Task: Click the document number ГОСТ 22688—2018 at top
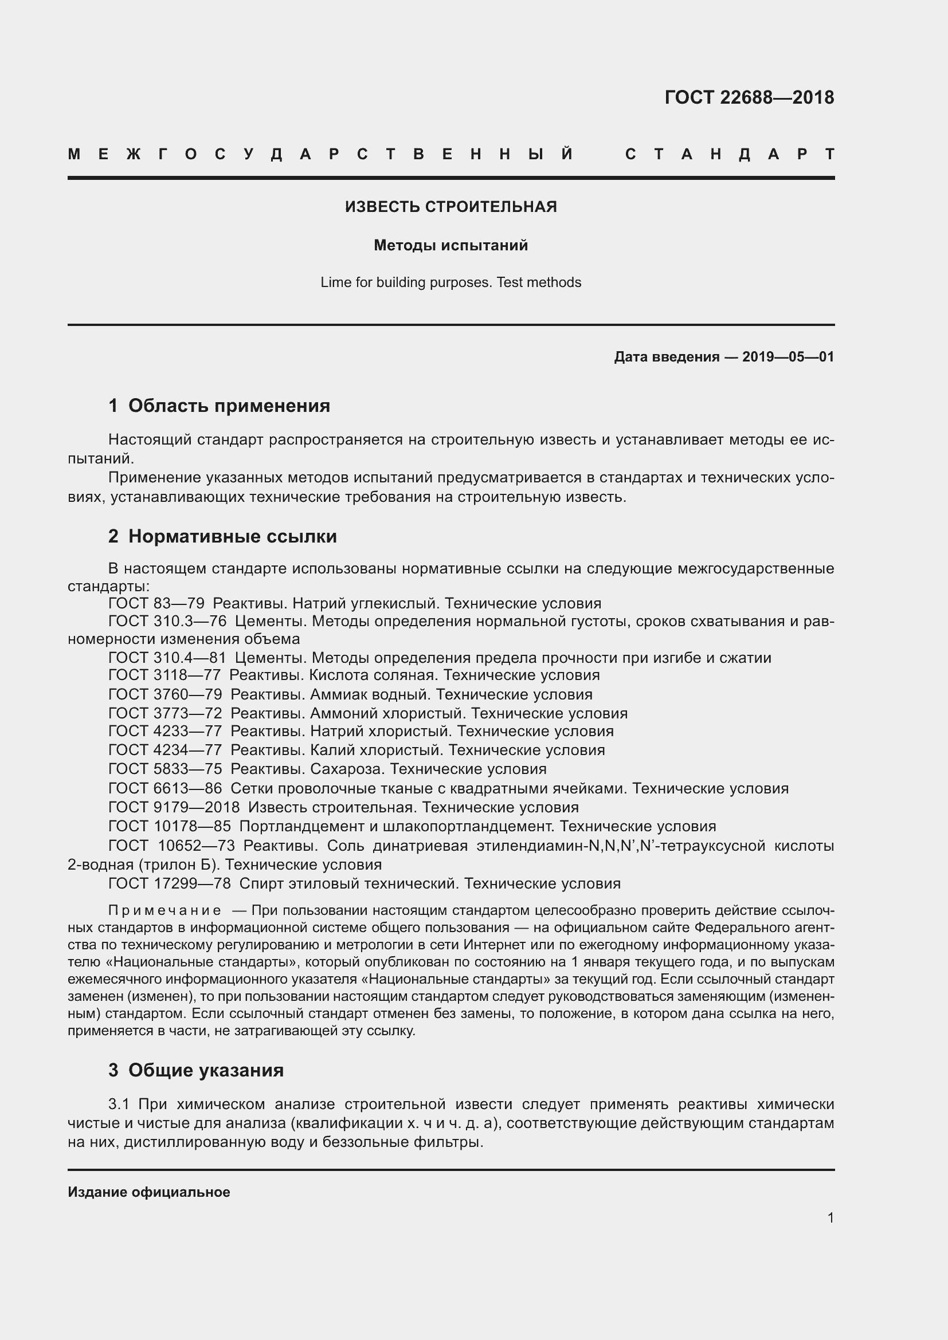749,97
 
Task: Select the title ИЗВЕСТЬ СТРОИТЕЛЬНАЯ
451,207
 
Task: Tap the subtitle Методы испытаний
451,246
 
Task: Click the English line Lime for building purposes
451,282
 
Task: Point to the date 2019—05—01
788,356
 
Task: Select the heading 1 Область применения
219,406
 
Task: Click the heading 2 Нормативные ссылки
222,536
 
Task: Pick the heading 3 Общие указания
196,1070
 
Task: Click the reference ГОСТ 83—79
156,603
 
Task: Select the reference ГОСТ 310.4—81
167,658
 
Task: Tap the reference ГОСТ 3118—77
164,675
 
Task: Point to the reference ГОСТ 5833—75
165,769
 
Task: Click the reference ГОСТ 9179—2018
174,807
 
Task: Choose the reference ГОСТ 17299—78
169,883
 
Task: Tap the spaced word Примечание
164,910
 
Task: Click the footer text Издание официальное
149,1192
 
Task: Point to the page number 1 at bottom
830,1218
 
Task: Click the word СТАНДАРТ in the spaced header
730,154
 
